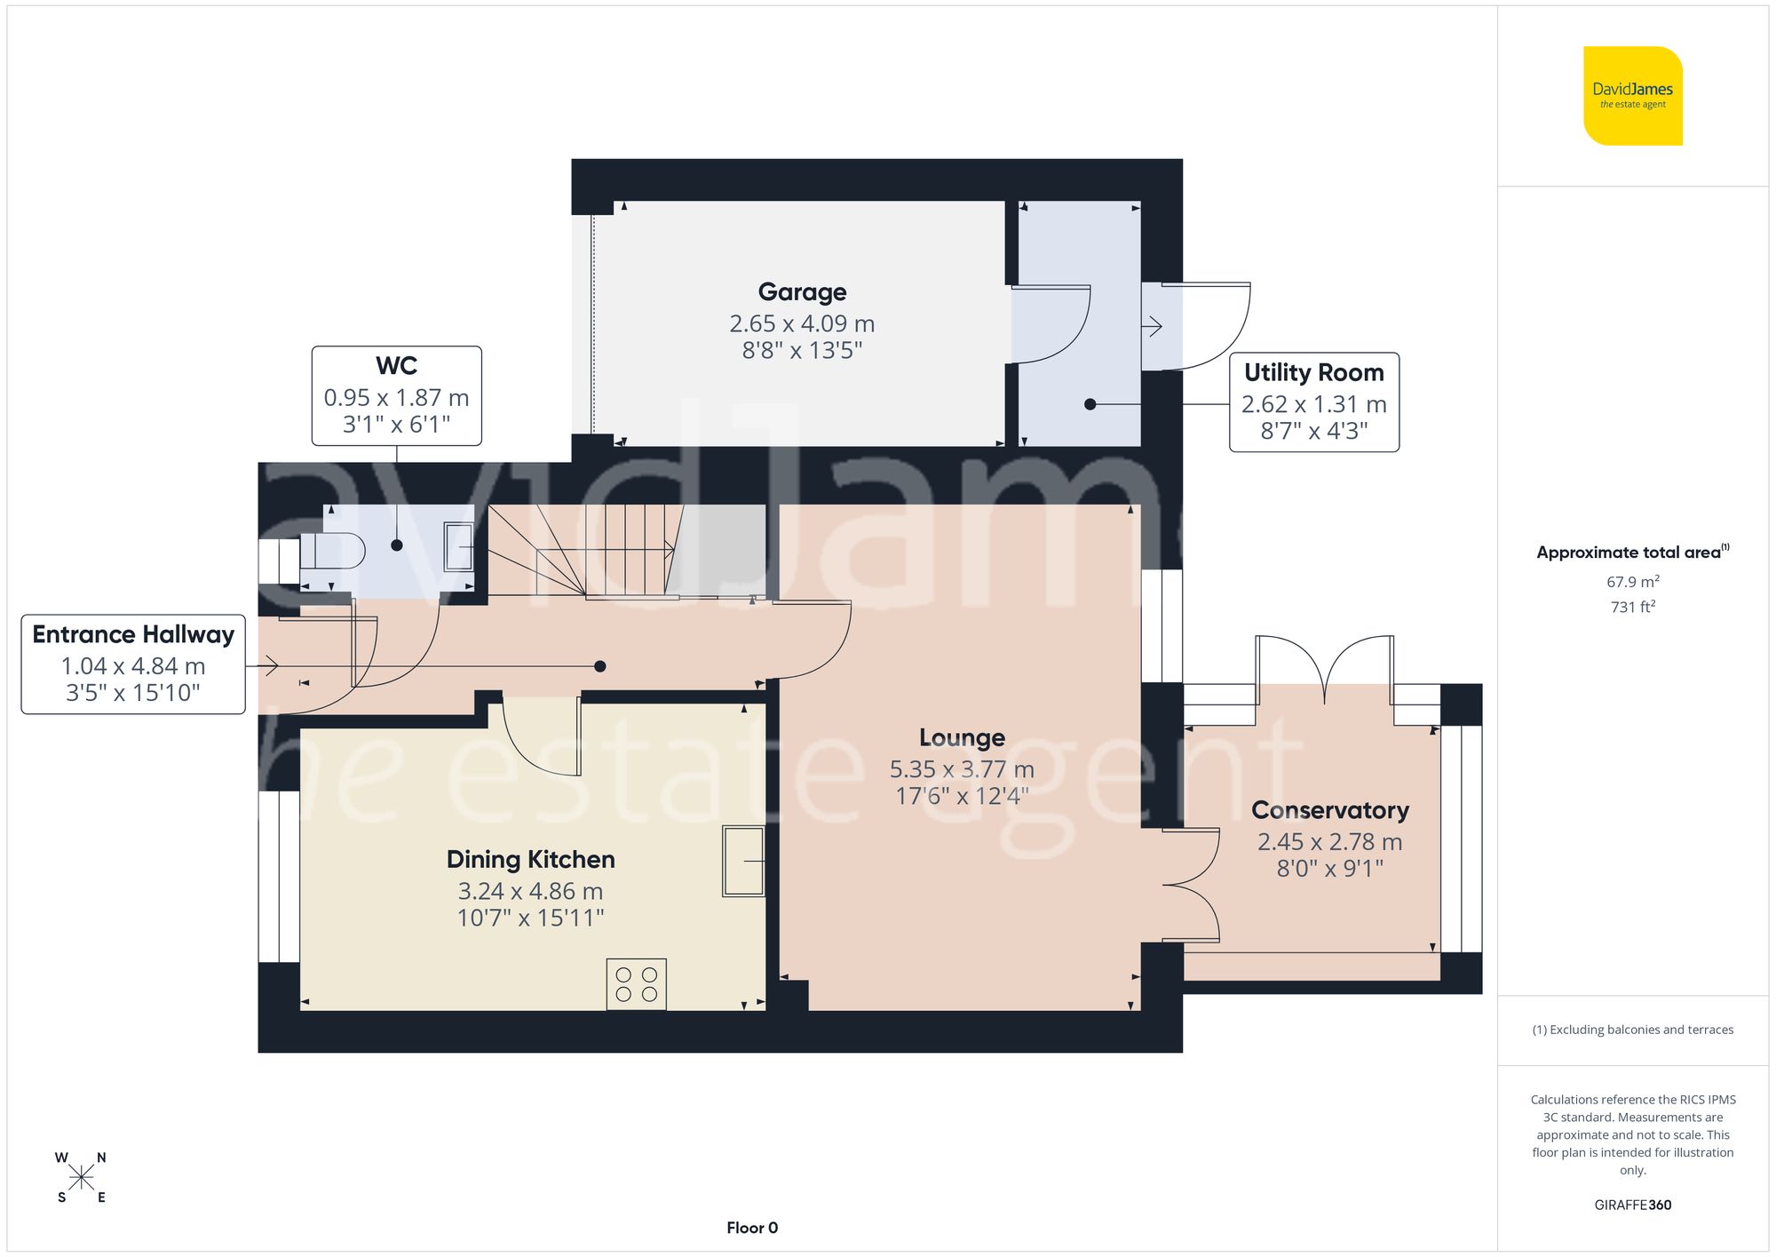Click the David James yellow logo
pyautogui.click(x=1632, y=96)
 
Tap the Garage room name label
pyautogui.click(x=802, y=292)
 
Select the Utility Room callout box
pyautogui.click(x=1313, y=402)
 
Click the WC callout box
pyautogui.click(x=396, y=396)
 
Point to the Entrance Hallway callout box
pyautogui.click(x=133, y=664)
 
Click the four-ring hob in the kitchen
pyautogui.click(x=636, y=984)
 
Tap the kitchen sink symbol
pyautogui.click(x=743, y=861)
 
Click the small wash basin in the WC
pyautogui.click(x=459, y=545)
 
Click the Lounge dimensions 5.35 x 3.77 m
pyautogui.click(x=962, y=769)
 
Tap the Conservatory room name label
pyautogui.click(x=1329, y=810)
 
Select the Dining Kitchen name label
pyautogui.click(x=530, y=859)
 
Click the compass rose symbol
pyautogui.click(x=81, y=1178)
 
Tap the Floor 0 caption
pyautogui.click(x=751, y=1228)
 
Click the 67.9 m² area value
pyautogui.click(x=1632, y=582)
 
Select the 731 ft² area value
pyautogui.click(x=1632, y=607)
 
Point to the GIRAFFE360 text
pyautogui.click(x=1632, y=1205)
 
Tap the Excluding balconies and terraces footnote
pyautogui.click(x=1632, y=1030)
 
